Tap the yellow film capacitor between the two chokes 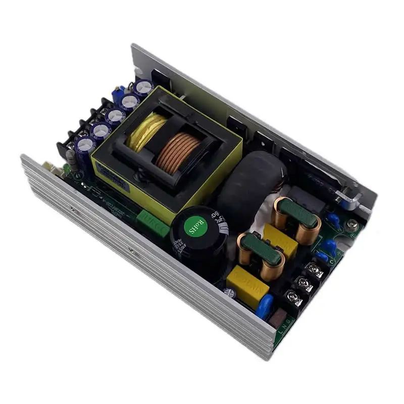[x=281, y=239]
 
